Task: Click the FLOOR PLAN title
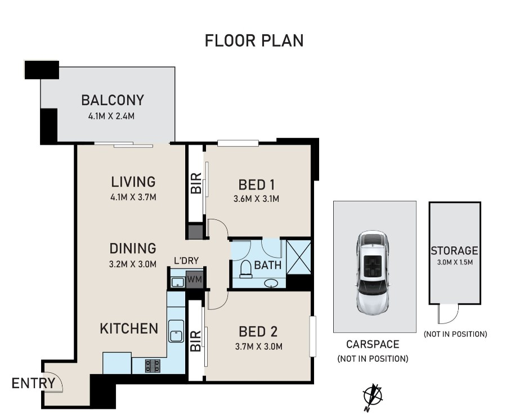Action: point(254,40)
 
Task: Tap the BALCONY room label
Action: point(113,101)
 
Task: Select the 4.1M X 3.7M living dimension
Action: point(133,197)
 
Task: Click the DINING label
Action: point(133,248)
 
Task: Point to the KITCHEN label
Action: point(129,328)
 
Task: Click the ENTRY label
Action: point(33,384)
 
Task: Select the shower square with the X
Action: point(298,256)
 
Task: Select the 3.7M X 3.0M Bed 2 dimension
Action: point(259,346)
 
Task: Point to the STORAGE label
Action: point(454,250)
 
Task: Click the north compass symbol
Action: point(373,395)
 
